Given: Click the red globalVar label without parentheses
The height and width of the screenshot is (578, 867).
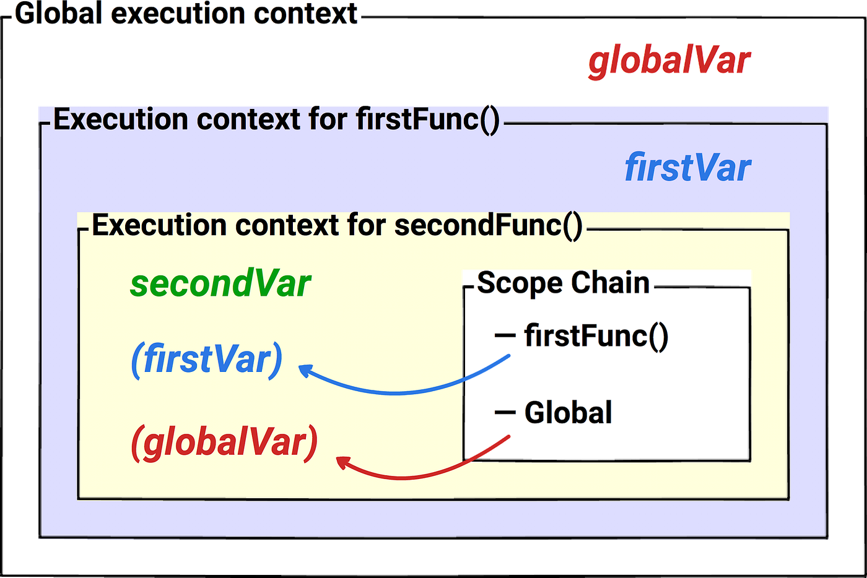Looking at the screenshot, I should tap(669, 63).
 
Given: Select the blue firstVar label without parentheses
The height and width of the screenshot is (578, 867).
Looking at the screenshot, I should tap(687, 168).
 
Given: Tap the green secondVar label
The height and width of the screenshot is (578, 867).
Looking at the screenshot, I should tap(220, 283).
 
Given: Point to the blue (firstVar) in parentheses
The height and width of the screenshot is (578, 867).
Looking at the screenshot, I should tap(207, 360).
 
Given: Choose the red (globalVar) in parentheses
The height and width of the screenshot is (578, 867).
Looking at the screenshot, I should tap(224, 442).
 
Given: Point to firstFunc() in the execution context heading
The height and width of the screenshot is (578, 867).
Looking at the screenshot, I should tap(427, 119).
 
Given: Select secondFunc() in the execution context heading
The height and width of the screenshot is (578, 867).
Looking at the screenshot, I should tap(488, 225).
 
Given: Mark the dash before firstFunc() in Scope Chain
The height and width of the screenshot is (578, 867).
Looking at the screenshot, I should tap(505, 336).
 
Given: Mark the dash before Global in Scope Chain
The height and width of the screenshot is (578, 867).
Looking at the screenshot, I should tap(505, 412).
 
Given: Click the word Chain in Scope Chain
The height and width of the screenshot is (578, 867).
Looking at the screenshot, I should tap(610, 283).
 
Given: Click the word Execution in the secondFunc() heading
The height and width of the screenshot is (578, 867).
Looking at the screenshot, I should tap(159, 225).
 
